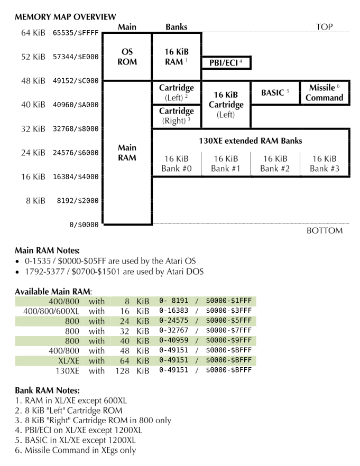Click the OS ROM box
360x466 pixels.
[x=127, y=57]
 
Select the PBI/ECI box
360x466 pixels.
[x=226, y=63]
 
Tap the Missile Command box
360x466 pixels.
[x=325, y=92]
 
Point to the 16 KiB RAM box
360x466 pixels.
[x=177, y=57]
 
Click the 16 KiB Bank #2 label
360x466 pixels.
[x=275, y=164]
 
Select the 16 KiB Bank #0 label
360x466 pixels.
[x=177, y=164]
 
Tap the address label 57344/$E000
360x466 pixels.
[x=75, y=57]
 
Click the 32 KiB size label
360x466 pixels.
[x=33, y=129]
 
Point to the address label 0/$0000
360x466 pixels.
[x=84, y=225]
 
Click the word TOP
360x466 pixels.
[x=324, y=27]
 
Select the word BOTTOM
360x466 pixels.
[x=324, y=230]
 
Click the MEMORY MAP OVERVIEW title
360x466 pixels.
[x=66, y=17]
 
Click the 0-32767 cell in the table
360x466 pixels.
[x=173, y=331]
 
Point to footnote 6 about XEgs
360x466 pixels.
[x=80, y=450]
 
